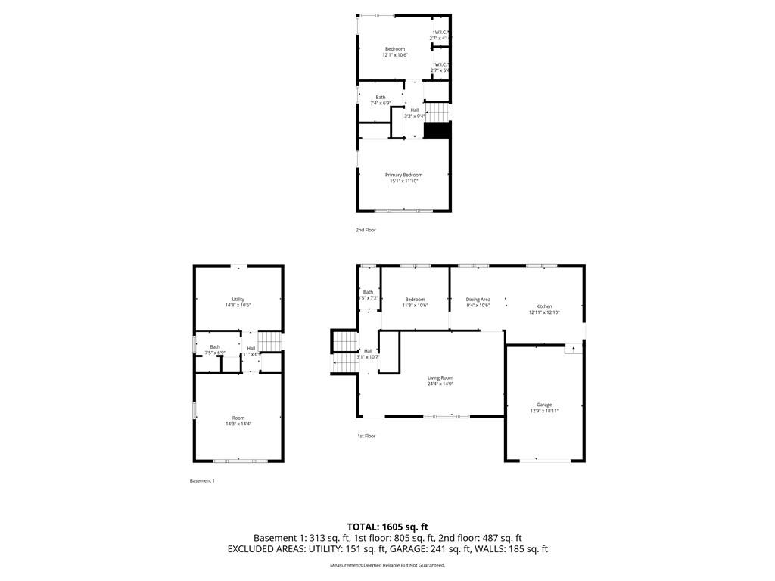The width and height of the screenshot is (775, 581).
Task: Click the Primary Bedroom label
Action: (403, 175)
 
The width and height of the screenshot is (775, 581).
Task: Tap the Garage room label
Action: (544, 405)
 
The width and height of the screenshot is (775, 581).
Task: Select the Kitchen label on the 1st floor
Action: (545, 306)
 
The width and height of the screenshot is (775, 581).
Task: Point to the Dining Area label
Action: (478, 300)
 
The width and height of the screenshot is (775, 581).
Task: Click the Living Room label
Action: (440, 377)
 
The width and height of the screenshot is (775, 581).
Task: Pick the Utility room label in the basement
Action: (238, 300)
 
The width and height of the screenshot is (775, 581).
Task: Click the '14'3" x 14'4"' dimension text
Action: (238, 424)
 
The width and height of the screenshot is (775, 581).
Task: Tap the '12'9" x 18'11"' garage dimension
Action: (544, 411)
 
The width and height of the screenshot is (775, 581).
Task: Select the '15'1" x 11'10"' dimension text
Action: (403, 181)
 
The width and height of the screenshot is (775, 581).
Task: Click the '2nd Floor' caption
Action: (366, 230)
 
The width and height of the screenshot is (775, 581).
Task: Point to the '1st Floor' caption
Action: (366, 436)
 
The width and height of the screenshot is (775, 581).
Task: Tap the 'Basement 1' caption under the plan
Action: (202, 480)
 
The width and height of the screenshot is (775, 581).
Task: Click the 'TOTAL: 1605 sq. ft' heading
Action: (387, 527)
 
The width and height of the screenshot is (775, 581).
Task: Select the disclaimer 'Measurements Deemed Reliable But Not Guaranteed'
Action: (387, 565)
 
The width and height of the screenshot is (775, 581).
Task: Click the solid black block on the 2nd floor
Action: (437, 130)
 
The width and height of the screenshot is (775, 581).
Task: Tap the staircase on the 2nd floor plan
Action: (437, 113)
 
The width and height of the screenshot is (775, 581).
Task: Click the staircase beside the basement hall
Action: (269, 342)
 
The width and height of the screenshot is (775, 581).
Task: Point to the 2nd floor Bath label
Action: (380, 97)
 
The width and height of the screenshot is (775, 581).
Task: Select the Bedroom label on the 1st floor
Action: (415, 300)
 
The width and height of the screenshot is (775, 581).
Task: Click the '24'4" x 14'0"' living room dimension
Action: (440, 384)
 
